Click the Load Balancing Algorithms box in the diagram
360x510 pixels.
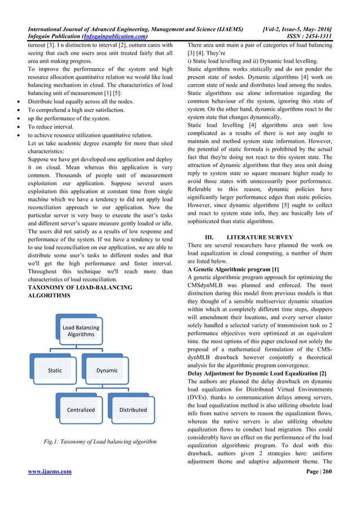[81, 331]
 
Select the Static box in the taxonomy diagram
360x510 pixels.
[54, 370]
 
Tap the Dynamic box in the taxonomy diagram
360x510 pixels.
[107, 370]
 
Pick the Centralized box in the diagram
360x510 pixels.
[81, 409]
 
